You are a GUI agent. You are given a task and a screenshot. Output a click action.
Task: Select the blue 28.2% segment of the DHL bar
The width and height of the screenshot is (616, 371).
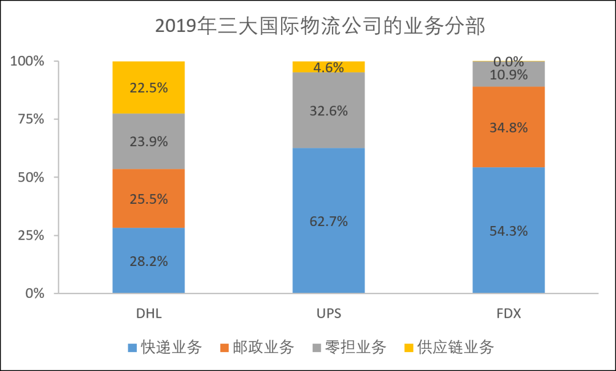click(x=148, y=260)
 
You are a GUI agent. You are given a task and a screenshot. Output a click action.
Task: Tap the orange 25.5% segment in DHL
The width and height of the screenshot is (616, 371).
click(x=148, y=198)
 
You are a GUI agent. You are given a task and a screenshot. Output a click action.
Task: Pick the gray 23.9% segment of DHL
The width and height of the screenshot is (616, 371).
click(x=148, y=141)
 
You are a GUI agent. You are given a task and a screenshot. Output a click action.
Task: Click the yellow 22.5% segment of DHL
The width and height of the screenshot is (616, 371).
click(x=148, y=87)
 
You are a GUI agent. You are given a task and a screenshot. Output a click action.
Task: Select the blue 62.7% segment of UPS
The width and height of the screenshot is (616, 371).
click(x=329, y=221)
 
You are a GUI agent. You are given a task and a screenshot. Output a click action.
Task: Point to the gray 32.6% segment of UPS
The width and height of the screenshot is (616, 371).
click(x=329, y=111)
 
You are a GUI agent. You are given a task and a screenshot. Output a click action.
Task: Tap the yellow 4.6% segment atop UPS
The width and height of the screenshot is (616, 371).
click(x=329, y=67)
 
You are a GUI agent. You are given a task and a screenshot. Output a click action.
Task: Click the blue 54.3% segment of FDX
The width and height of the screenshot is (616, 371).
click(x=508, y=231)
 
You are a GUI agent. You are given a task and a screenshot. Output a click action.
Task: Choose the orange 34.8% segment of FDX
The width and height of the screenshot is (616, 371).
click(x=508, y=127)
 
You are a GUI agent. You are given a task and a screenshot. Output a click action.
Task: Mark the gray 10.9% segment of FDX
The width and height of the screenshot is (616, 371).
click(x=508, y=74)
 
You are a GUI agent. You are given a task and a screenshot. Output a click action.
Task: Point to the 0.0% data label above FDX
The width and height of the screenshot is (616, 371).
click(x=508, y=61)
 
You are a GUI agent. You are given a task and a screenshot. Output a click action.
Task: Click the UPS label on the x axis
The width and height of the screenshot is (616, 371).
click(x=329, y=313)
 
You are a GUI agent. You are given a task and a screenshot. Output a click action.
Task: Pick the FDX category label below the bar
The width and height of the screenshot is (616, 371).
click(x=508, y=313)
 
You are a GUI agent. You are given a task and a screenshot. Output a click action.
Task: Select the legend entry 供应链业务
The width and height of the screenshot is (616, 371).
click(x=455, y=347)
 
